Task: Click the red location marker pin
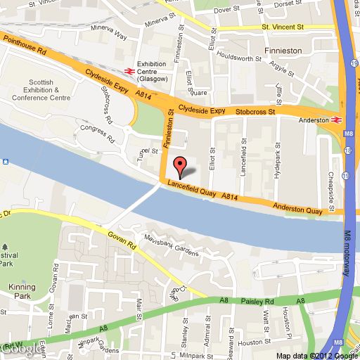[180, 166]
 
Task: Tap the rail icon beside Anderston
[336, 120]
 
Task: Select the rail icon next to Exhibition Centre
[129, 70]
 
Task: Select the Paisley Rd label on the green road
[257, 301]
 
